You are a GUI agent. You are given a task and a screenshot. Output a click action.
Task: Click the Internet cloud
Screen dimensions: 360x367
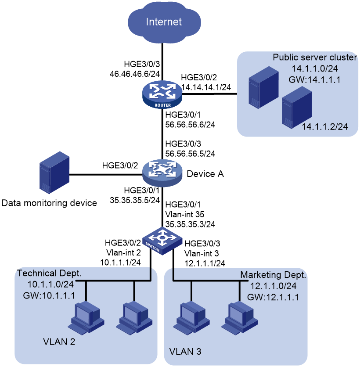pyautogui.click(x=164, y=22)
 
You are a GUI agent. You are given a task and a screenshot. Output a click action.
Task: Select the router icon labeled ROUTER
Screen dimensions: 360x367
pyautogui.click(x=162, y=94)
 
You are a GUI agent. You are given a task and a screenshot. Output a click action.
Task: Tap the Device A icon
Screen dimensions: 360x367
pyautogui.click(x=162, y=173)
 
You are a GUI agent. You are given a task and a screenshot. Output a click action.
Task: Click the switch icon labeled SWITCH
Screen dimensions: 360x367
pyautogui.click(x=162, y=241)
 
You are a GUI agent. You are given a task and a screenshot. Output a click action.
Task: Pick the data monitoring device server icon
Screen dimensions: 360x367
pyautogui.click(x=54, y=173)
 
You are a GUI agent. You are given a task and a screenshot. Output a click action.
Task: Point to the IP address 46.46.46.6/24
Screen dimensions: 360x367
pyautogui.click(x=135, y=74)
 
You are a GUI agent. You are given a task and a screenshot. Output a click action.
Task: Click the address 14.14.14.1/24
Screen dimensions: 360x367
pyautogui.click(x=206, y=87)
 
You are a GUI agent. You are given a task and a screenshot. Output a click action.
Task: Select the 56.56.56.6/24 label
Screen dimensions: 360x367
pyautogui.click(x=190, y=125)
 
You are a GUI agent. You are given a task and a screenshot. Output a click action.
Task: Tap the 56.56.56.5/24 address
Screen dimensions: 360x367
pyautogui.click(x=190, y=154)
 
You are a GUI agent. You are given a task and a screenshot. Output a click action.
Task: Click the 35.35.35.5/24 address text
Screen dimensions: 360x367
pyautogui.click(x=135, y=200)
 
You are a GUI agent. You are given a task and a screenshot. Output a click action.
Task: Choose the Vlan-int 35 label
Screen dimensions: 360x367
pyautogui.click(x=185, y=214)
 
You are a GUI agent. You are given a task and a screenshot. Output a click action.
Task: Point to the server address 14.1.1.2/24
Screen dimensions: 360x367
pyautogui.click(x=324, y=126)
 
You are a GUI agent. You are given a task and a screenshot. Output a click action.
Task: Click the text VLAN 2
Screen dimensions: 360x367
pyautogui.click(x=59, y=342)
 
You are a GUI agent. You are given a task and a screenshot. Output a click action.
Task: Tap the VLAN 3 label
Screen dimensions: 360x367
pyautogui.click(x=185, y=352)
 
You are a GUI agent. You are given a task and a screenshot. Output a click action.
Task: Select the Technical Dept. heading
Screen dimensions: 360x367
pyautogui.click(x=49, y=273)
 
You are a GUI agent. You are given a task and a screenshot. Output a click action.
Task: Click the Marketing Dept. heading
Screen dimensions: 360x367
pyautogui.click(x=273, y=275)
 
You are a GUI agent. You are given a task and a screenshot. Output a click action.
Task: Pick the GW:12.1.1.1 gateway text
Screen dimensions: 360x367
pyautogui.click(x=273, y=297)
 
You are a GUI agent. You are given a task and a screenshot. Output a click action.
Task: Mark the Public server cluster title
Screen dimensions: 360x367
pyautogui.click(x=315, y=58)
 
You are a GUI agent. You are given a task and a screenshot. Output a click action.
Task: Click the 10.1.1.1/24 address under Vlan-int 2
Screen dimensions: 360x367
pyautogui.click(x=120, y=263)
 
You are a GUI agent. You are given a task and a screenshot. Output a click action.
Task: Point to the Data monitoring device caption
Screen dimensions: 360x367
pyautogui.click(x=49, y=203)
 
